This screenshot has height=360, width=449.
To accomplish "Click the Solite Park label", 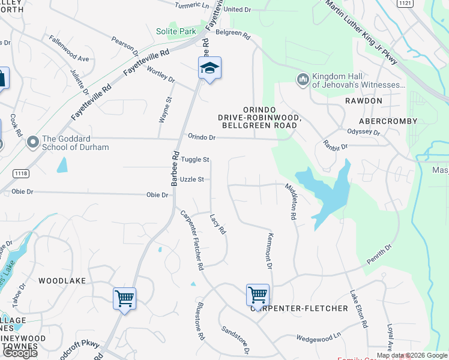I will [x=176, y=31].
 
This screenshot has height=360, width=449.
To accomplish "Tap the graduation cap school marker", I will [x=209, y=68].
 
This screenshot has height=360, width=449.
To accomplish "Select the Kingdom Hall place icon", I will [x=303, y=79].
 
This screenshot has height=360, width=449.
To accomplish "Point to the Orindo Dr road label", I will [x=201, y=137].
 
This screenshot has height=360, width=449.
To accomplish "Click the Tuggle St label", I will [x=195, y=160].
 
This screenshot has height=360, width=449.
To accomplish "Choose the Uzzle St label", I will [x=192, y=179].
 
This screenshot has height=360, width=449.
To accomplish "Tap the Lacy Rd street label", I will [x=217, y=224].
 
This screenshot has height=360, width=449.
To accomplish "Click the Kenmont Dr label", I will [x=270, y=251].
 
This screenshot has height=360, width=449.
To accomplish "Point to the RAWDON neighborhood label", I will [x=363, y=101].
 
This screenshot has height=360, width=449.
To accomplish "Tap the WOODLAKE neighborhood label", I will [x=62, y=281].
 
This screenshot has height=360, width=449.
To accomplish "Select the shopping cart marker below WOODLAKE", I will [x=124, y=298].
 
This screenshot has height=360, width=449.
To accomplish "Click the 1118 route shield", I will [x=20, y=173].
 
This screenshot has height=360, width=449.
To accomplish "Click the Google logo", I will [x=20, y=352].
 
